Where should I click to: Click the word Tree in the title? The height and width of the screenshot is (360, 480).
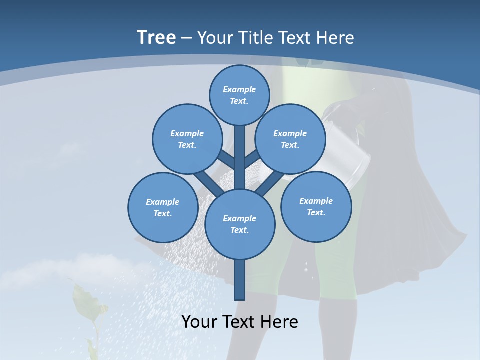point(156,37)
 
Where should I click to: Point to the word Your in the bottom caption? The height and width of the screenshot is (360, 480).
point(200,321)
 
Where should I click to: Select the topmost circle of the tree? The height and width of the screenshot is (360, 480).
point(239,95)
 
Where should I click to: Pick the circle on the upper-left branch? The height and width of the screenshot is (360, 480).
point(187,139)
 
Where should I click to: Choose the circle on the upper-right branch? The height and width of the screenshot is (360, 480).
point(290,139)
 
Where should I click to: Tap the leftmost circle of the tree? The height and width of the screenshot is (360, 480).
point(163,207)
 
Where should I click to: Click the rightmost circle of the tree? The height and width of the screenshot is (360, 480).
point(316,206)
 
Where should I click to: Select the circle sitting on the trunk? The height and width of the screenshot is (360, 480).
point(240,224)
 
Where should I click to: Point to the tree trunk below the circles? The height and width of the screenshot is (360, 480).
point(240,280)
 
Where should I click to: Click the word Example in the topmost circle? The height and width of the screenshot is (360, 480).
point(239,90)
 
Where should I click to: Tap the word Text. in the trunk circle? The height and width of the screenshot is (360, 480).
point(240,230)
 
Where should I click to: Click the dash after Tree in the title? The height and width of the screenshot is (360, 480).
point(186,38)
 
